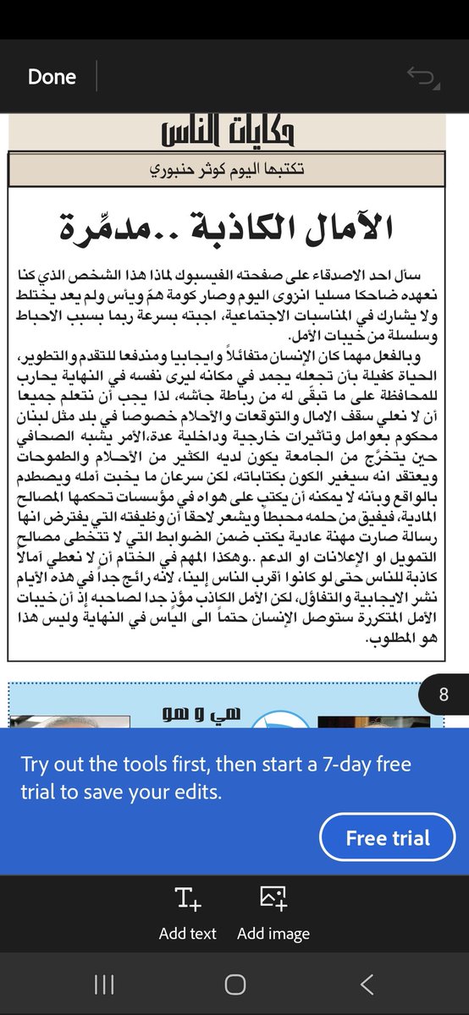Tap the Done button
coord(52,76)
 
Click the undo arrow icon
coord(421,78)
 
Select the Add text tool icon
coord(187,899)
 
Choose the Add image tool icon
coord(273,899)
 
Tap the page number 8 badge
coord(444,695)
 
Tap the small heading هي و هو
coord(203,714)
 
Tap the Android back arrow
coord(366,983)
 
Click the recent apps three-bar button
coord(104,983)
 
